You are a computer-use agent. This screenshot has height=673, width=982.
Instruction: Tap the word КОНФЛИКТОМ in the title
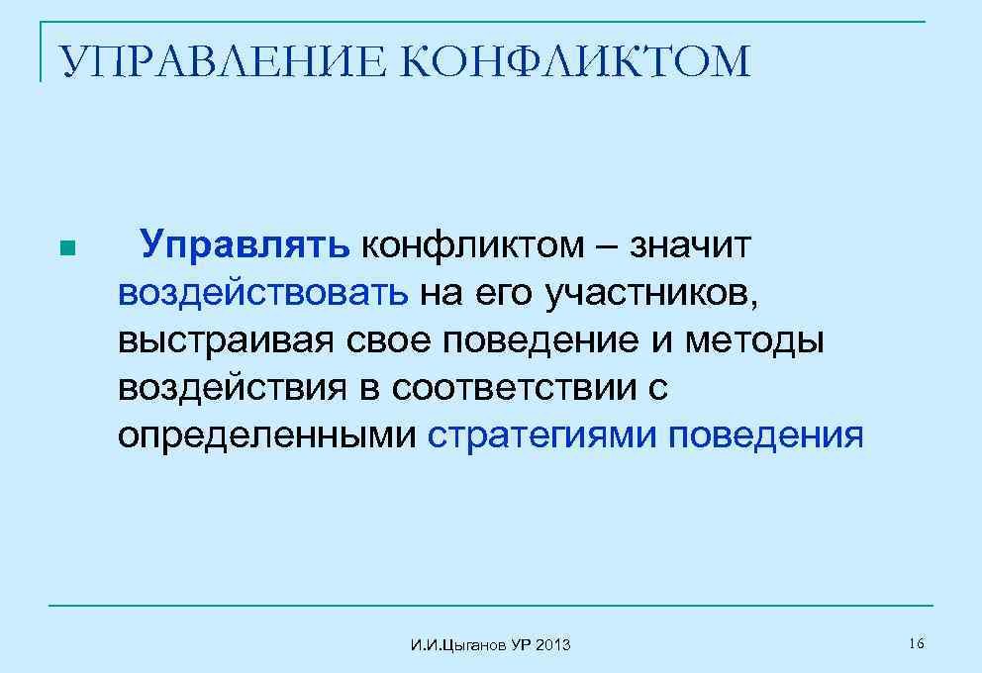[578, 61]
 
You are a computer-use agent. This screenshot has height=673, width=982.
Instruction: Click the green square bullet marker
[66, 248]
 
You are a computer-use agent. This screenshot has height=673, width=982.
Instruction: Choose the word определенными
[266, 434]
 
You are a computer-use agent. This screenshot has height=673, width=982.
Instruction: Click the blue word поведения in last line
[765, 434]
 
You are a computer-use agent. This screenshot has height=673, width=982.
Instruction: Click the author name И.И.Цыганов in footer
[457, 646]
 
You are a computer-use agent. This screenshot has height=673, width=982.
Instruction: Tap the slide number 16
[916, 644]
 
